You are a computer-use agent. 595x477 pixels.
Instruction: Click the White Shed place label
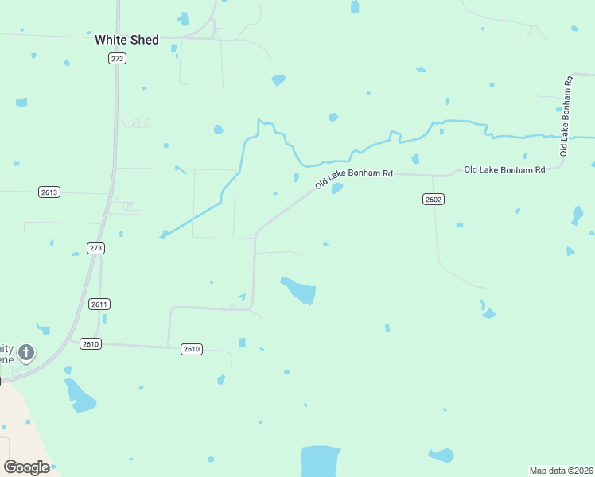126,40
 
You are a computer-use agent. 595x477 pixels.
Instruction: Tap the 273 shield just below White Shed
118,58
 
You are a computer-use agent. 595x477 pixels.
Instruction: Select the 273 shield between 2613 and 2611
96,248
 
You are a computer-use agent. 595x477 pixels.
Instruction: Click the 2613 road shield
49,192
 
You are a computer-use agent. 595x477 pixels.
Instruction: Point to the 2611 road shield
99,304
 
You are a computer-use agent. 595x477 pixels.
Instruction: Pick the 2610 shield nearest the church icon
91,343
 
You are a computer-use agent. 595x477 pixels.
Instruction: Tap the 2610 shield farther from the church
191,348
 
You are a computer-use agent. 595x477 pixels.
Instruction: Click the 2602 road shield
433,199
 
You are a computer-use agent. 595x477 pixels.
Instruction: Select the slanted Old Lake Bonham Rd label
353,178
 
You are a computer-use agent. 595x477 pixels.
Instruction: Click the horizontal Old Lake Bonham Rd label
504,169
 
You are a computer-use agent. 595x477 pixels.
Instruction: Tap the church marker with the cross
26,352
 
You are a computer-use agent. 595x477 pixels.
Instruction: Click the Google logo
26,467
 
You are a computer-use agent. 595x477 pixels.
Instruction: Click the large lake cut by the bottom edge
321,460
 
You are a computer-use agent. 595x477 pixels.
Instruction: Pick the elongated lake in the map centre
300,290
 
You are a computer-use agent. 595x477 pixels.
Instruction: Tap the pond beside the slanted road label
337,188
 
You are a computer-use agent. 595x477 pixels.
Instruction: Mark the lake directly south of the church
80,395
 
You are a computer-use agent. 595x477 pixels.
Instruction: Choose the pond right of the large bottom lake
441,456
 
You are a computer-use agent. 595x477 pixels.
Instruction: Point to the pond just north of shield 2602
415,159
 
